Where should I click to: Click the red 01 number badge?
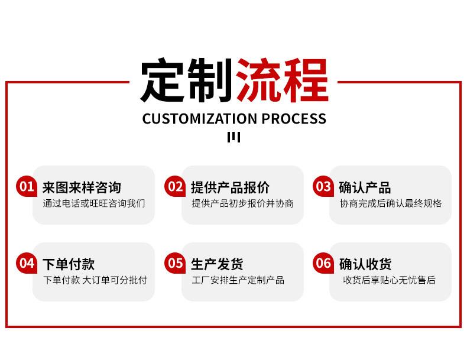27,186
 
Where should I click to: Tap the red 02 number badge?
175,186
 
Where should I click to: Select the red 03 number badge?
323,186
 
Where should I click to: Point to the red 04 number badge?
27,263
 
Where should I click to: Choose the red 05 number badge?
175,263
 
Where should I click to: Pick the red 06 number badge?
323,263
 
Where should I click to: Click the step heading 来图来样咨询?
82,187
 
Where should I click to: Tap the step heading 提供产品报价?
230,187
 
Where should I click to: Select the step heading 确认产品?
365,187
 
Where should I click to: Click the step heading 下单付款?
69,264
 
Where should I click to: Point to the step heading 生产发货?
217,264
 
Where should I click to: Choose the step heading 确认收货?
365,264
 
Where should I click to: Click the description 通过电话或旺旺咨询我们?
94,203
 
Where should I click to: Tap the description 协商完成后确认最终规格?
391,203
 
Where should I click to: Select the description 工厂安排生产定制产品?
238,280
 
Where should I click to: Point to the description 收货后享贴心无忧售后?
389,280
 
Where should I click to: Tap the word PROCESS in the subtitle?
294,118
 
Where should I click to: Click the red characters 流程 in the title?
282,80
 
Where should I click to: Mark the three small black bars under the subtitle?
234,137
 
